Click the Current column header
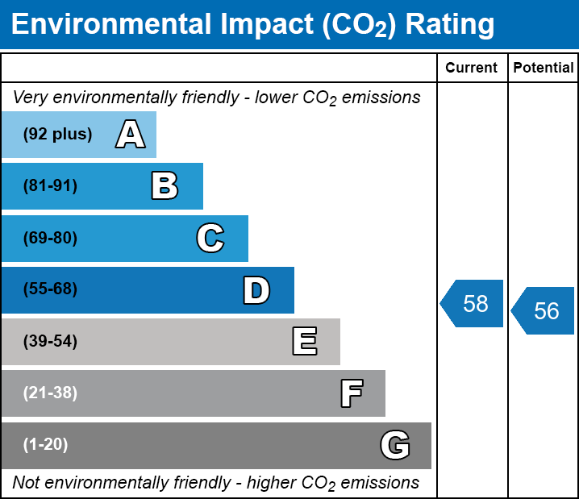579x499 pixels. tap(471, 68)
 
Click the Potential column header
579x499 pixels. tap(544, 68)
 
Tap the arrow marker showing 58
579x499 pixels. tap(471, 303)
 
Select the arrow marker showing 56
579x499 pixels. tap(543, 311)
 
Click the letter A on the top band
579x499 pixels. tap(131, 134)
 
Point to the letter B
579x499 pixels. tap(165, 185)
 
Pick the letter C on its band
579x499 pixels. tap(210, 238)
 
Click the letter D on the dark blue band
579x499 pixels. tap(256, 290)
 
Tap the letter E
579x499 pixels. tap(305, 341)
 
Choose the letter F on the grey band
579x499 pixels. tap(352, 393)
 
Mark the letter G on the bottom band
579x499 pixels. tap(395, 445)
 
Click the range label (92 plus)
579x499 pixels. tap(57, 134)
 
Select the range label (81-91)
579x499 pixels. tap(50, 185)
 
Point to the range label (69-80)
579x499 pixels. tap(50, 238)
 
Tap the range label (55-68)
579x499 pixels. tap(50, 289)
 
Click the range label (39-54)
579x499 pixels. tap(50, 342)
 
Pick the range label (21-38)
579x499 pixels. tap(50, 393)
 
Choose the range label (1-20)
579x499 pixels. tap(45, 445)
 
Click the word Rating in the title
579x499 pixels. tap(450, 25)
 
